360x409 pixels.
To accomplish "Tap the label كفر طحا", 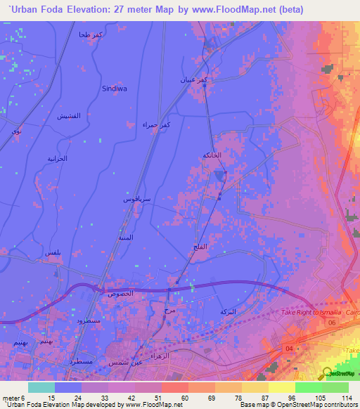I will (x=92, y=35).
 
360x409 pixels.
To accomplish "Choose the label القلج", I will (x=198, y=247).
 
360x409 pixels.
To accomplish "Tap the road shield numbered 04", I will (x=288, y=347).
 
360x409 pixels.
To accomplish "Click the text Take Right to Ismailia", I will (x=313, y=311).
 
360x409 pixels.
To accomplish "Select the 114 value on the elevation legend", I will (x=346, y=398).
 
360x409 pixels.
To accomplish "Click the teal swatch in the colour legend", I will (x=41, y=387).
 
